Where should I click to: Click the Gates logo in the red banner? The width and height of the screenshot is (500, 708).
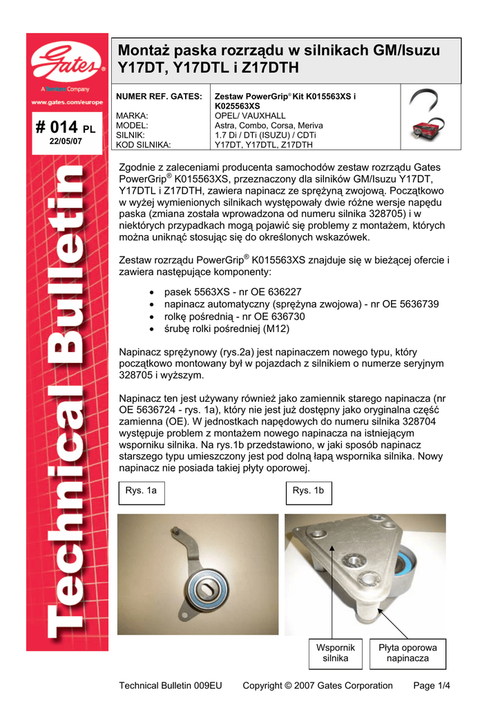click(x=67, y=61)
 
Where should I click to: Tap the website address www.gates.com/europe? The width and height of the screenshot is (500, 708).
click(x=67, y=102)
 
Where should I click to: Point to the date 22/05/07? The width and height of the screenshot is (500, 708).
click(x=66, y=140)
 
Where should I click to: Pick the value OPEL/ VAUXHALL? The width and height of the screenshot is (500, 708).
click(x=250, y=116)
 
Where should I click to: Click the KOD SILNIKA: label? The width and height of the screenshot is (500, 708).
click(x=144, y=145)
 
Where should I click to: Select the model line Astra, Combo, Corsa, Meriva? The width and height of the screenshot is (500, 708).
click(x=269, y=126)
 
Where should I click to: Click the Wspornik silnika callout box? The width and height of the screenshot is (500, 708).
click(x=335, y=653)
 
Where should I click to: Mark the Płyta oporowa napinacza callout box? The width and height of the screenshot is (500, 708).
click(x=408, y=653)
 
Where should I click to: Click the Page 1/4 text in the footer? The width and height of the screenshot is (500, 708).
click(x=431, y=686)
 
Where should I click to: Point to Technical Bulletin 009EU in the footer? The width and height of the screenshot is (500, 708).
click(x=171, y=686)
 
